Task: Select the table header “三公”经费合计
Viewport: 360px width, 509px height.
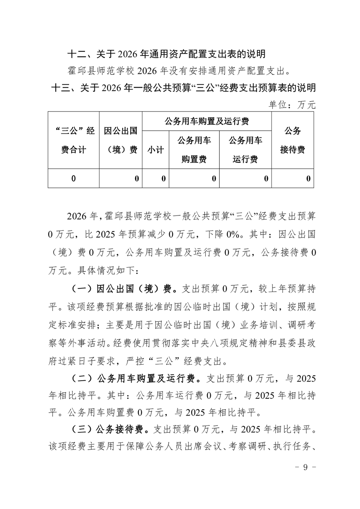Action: pyautogui.click(x=74, y=140)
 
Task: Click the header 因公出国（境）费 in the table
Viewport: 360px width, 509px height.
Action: pyautogui.click(x=121, y=140)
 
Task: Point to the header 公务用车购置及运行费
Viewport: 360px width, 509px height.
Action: pyautogui.click(x=207, y=121)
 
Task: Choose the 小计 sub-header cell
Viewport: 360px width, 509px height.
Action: pyautogui.click(x=155, y=150)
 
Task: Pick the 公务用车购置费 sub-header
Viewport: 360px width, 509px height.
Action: pyautogui.click(x=194, y=150)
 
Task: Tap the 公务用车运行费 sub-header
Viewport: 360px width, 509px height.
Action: pyautogui.click(x=246, y=150)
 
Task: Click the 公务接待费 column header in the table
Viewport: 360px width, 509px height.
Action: pyautogui.click(x=292, y=140)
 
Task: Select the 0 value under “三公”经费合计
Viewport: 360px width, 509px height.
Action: pyautogui.click(x=74, y=178)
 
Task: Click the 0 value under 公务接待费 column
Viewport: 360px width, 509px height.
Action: pyautogui.click(x=308, y=178)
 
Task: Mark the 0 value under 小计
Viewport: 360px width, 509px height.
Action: pyautogui.click(x=163, y=178)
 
